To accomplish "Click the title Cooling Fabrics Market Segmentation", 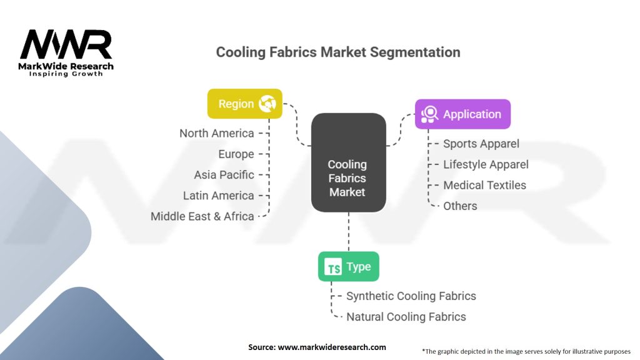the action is [338, 52].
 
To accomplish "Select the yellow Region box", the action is [245, 104].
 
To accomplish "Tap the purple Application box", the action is [462, 114].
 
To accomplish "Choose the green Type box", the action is [349, 267].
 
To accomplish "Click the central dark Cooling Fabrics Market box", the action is [348, 162].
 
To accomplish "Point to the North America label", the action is [217, 133].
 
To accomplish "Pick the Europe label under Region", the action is [236, 154].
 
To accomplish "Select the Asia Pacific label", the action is [224, 175].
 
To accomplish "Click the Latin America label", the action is [219, 196].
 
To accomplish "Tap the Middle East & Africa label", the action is [202, 216].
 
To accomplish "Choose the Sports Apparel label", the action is [481, 144].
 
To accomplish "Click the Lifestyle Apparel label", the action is [486, 164].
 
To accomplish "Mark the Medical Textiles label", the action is [484, 185].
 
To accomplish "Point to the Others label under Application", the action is [460, 206].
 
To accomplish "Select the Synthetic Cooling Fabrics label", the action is [411, 296].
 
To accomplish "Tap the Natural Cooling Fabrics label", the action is [406, 316].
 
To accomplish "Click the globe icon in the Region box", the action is [267, 104].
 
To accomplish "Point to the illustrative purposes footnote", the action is [526, 351].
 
